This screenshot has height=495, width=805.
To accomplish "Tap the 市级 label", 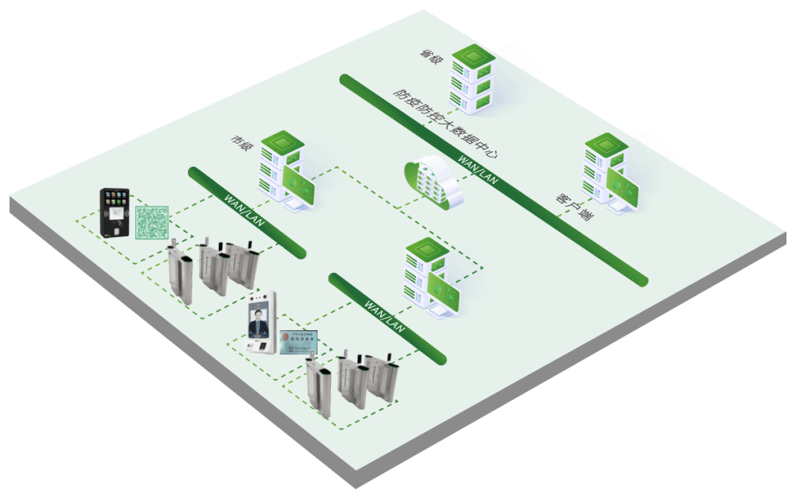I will coord(239,142).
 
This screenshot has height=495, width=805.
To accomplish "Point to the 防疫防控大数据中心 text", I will coord(445,124).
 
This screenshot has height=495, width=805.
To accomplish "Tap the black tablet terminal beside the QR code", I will coord(115,213).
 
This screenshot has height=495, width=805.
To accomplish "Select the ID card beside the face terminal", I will coord(298,341).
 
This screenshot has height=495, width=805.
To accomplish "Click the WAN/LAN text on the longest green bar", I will coord(478,169).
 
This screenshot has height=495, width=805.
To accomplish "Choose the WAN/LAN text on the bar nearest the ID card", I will coord(385,317).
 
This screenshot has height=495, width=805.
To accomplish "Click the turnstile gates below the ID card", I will coord(351,380).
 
